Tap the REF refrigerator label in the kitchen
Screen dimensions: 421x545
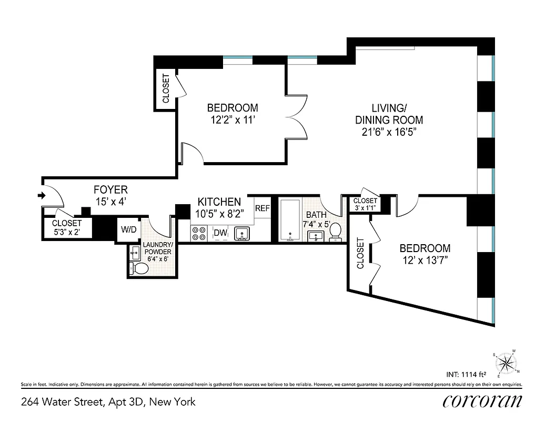[x=262, y=208]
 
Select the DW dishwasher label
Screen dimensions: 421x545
[x=219, y=233]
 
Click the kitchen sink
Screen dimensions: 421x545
[x=242, y=233]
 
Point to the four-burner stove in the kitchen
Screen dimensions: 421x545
[x=199, y=233]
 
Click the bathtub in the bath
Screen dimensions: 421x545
[x=289, y=220]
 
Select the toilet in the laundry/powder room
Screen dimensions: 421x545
[x=139, y=268]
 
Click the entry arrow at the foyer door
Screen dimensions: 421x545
[x=42, y=196]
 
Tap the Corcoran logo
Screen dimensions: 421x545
[x=482, y=401]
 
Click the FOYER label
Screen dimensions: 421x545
[x=110, y=189]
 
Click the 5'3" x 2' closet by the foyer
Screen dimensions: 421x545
[x=67, y=227]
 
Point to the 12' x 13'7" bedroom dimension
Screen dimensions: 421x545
[x=425, y=259]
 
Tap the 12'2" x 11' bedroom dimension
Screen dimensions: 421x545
[x=233, y=119]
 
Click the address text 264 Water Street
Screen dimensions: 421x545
[x=108, y=402]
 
